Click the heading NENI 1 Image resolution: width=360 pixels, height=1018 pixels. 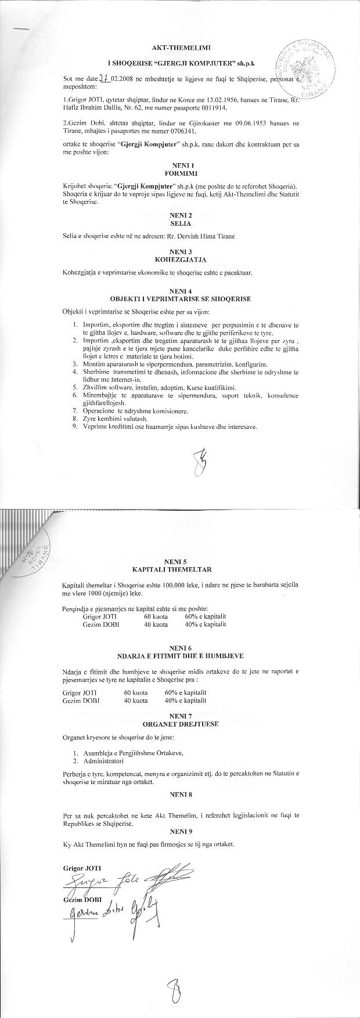pyautogui.click(x=181, y=166)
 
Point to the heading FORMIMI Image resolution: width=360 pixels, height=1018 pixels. pyautogui.click(x=181, y=173)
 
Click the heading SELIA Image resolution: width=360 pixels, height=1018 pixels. pyautogui.click(x=181, y=223)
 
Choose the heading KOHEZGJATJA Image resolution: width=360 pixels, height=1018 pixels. pyautogui.click(x=181, y=259)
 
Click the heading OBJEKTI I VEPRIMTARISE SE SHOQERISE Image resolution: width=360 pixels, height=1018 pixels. pyautogui.click(x=181, y=299)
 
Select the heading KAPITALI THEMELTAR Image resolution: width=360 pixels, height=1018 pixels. pyautogui.click(x=180, y=570)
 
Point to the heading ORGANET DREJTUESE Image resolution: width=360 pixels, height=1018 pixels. pyautogui.click(x=180, y=724)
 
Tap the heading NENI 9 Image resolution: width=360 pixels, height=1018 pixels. pyautogui.click(x=181, y=832)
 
